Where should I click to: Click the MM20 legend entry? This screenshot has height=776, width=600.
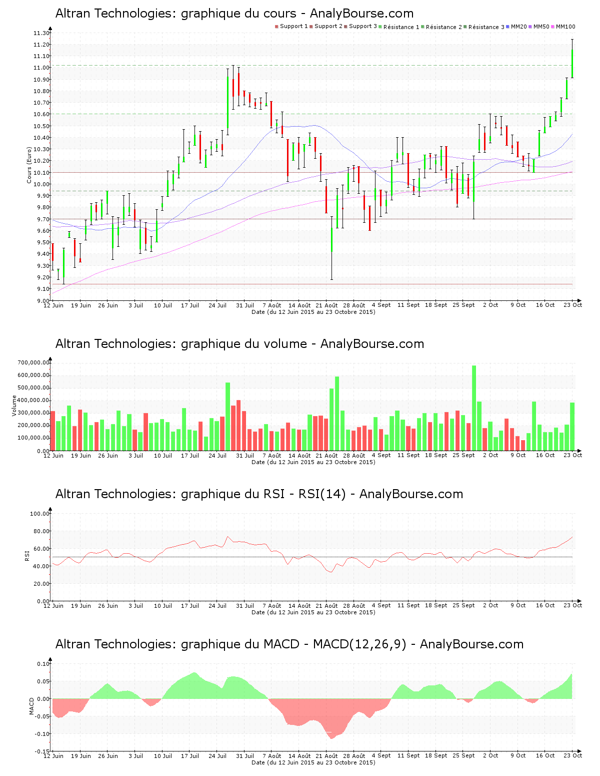(x=518, y=27)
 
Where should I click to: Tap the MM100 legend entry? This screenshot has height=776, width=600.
(x=565, y=27)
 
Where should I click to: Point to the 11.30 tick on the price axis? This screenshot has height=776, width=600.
(x=42, y=33)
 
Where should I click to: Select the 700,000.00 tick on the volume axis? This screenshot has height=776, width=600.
(x=33, y=362)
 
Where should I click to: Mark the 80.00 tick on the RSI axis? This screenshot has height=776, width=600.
(x=39, y=531)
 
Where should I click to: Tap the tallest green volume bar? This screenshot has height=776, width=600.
(x=474, y=408)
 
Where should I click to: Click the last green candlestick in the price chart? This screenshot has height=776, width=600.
(x=572, y=63)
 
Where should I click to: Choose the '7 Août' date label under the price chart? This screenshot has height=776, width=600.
(x=272, y=305)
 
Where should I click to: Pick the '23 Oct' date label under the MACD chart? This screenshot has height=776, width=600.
(x=573, y=756)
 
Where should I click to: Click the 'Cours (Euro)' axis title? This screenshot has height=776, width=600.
(x=29, y=165)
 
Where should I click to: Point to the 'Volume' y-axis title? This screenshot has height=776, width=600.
(x=14, y=406)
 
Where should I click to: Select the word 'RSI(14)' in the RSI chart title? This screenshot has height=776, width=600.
(x=322, y=494)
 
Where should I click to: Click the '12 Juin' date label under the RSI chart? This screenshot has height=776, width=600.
(x=53, y=606)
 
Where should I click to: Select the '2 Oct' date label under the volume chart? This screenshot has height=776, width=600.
(x=490, y=456)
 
